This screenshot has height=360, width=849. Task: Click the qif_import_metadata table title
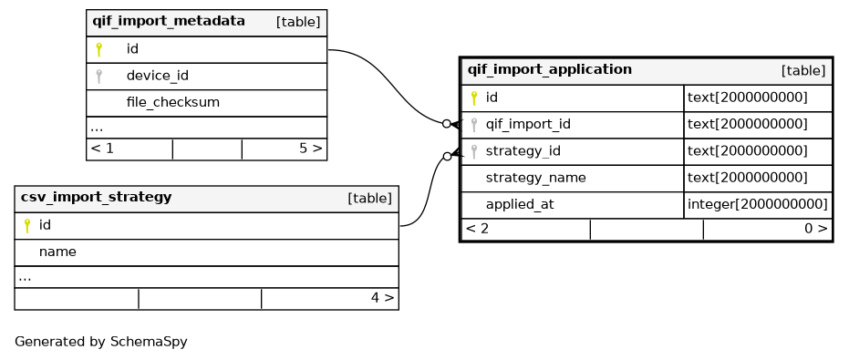169,22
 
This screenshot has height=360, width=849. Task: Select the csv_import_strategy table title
96,198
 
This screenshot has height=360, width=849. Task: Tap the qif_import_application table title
550,70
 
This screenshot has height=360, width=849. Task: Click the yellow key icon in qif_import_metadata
98,50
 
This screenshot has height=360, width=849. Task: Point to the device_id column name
158,76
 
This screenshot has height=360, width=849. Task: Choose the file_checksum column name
172,102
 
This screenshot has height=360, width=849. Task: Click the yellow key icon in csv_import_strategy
27,226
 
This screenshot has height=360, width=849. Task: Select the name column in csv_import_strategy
57,252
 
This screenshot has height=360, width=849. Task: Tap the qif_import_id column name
528,125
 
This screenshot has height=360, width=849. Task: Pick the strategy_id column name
523,151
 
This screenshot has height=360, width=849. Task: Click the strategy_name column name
535,178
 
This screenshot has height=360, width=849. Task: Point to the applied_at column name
520,205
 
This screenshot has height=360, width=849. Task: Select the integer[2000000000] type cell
758,205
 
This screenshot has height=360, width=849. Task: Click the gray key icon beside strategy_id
474,151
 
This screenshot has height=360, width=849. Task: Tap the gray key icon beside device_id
98,77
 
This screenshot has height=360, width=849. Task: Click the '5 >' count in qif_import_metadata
310,149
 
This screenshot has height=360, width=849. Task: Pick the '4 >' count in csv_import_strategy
382,298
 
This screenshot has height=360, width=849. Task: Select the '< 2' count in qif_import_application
477,229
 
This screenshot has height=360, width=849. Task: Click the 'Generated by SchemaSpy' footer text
100,342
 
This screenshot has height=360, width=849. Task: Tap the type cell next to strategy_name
747,178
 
